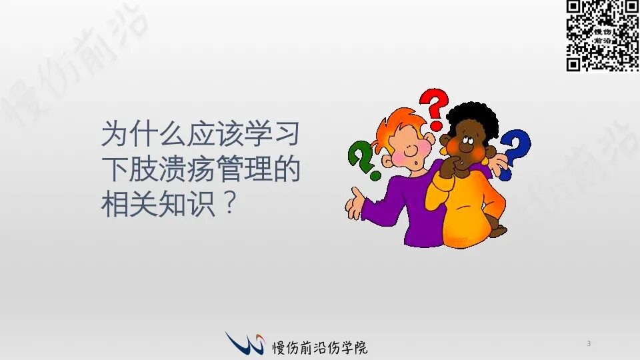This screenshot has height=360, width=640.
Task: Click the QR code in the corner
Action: coord(603,35)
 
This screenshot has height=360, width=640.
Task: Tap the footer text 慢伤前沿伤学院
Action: coord(320,347)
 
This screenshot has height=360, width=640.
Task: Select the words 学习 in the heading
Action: coord(272,133)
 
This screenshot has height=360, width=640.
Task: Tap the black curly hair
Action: coord(473,119)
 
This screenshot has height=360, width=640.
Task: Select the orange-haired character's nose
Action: coord(413,150)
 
